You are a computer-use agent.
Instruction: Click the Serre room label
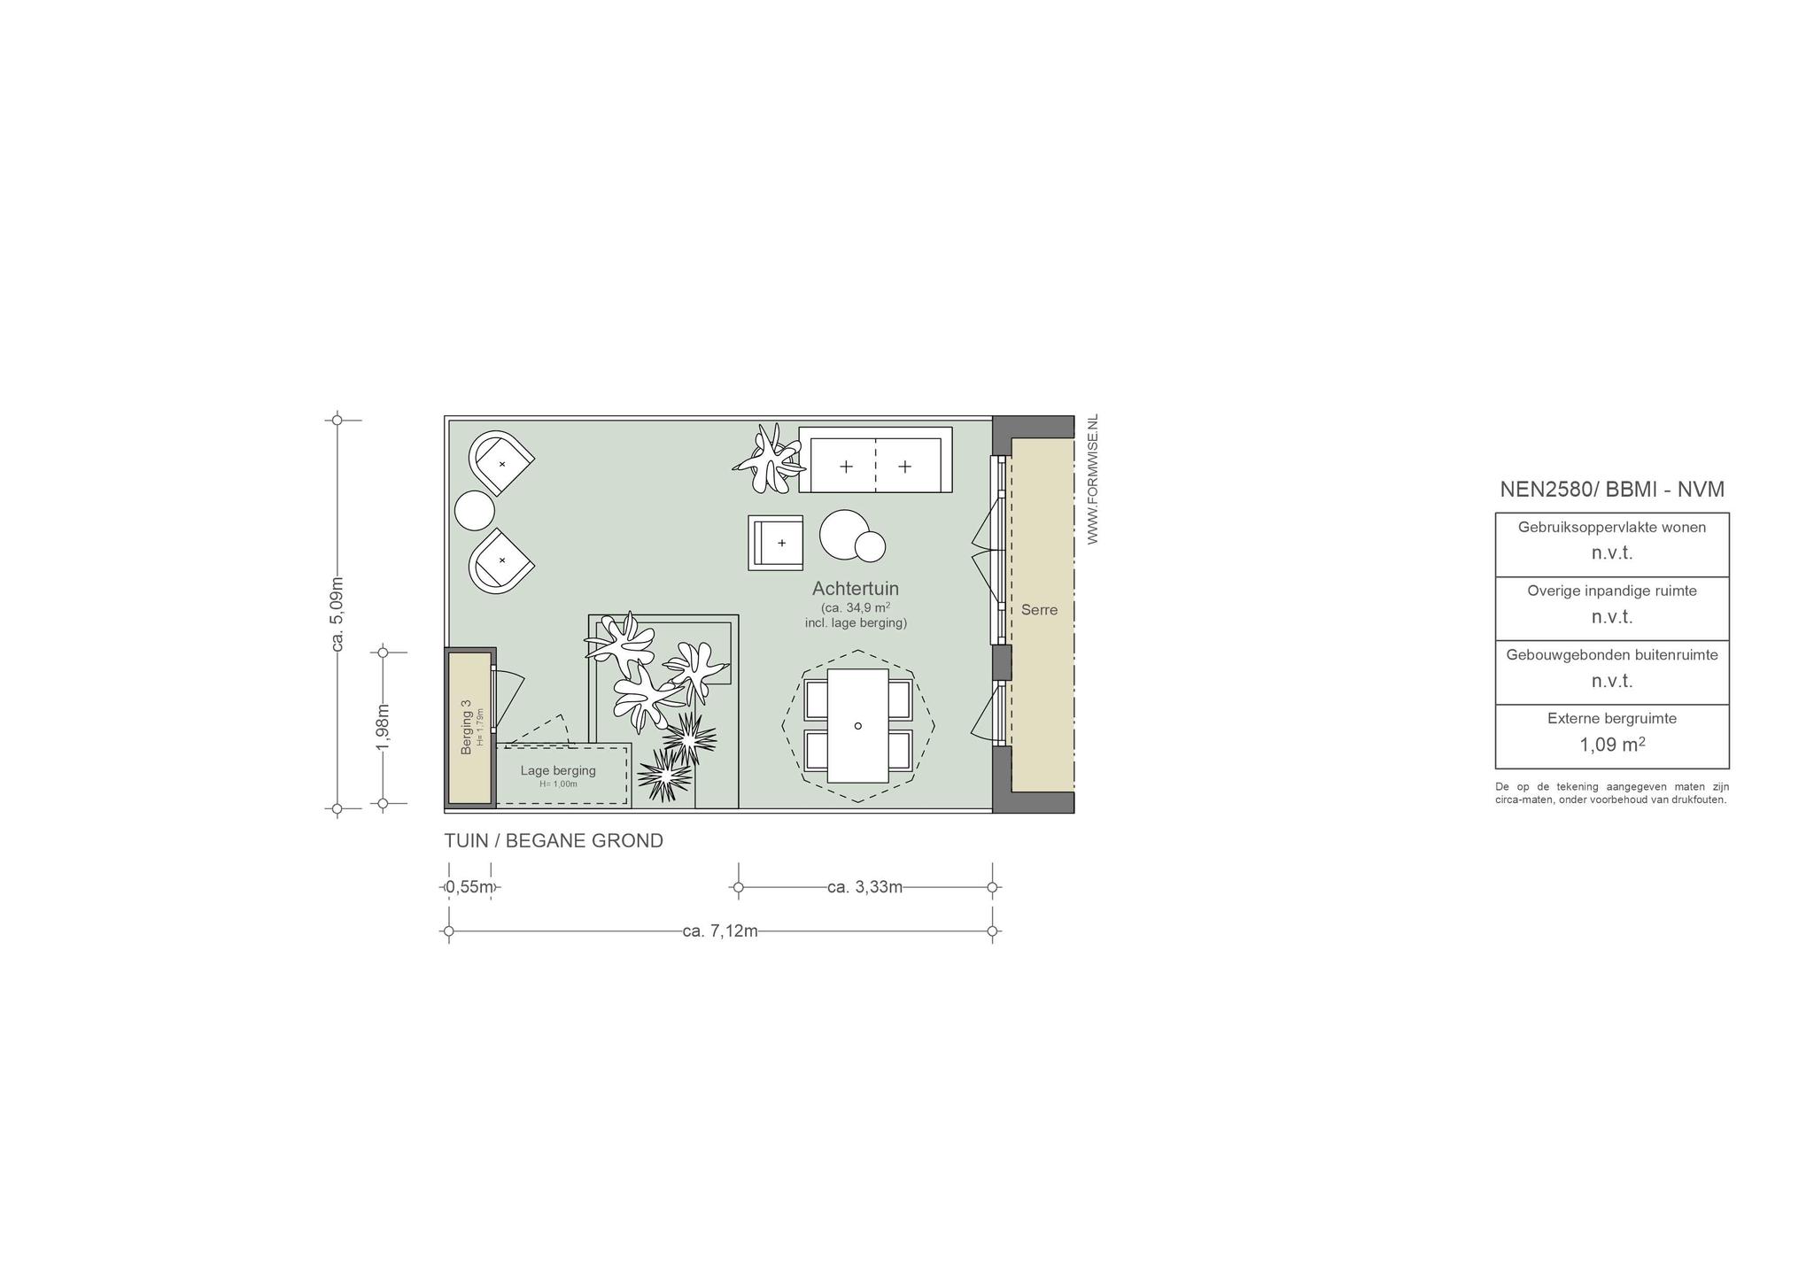[x=1039, y=610]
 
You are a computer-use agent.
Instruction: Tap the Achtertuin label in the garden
[x=856, y=589]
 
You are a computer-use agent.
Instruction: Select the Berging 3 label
[x=466, y=728]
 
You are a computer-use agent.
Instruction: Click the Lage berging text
[x=558, y=770]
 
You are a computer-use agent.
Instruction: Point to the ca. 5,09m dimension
[x=337, y=614]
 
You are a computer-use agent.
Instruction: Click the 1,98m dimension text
[x=383, y=728]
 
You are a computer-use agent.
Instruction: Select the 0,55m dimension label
[x=469, y=886]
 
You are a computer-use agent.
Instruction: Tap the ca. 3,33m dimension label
[x=865, y=887]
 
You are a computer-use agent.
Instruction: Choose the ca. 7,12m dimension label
[x=720, y=931]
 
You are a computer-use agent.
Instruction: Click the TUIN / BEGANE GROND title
[x=554, y=841]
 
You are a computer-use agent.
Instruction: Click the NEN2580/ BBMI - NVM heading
[x=1612, y=490]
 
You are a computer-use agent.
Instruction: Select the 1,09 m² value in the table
[x=1612, y=745]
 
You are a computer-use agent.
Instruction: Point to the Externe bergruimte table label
[x=1612, y=719]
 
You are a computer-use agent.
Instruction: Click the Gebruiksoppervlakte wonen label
[x=1612, y=528]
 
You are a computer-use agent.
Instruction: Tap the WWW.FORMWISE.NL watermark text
[x=1092, y=479]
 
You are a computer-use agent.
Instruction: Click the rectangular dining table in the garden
[x=857, y=726]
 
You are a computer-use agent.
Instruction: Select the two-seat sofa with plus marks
[x=875, y=460]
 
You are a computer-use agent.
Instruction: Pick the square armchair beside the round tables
[x=776, y=543]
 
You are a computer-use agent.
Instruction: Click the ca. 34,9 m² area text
[x=856, y=608]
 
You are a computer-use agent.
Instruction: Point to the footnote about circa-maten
[x=1612, y=793]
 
